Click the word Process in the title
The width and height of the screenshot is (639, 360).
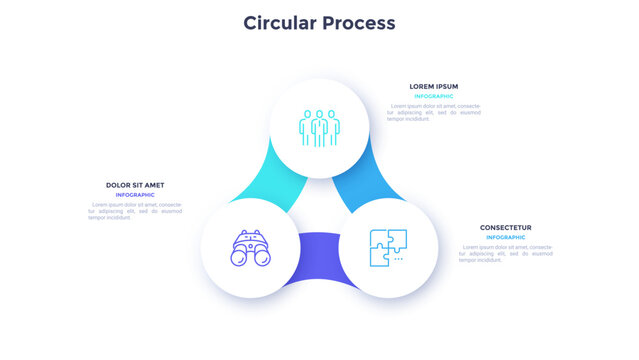click(358, 22)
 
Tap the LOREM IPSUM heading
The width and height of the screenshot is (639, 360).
click(433, 86)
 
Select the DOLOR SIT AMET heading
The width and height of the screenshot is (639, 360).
click(135, 185)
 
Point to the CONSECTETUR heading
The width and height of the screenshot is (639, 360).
click(505, 227)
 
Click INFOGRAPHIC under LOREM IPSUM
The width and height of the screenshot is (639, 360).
click(433, 96)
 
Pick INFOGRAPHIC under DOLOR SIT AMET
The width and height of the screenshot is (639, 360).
click(135, 195)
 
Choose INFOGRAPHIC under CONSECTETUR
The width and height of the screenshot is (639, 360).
click(505, 237)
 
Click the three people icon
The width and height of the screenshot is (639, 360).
click(319, 128)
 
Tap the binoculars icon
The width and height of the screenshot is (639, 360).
click(250, 249)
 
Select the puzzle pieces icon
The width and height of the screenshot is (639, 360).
click(388, 247)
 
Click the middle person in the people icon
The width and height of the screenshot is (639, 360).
click(319, 127)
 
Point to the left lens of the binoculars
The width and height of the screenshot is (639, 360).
click(239, 257)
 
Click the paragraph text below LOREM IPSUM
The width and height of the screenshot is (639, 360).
click(433, 112)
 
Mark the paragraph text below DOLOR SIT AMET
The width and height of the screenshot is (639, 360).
click(135, 211)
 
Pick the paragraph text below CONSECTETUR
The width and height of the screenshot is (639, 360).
click(505, 253)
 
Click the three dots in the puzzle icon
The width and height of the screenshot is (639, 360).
click(398, 258)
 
